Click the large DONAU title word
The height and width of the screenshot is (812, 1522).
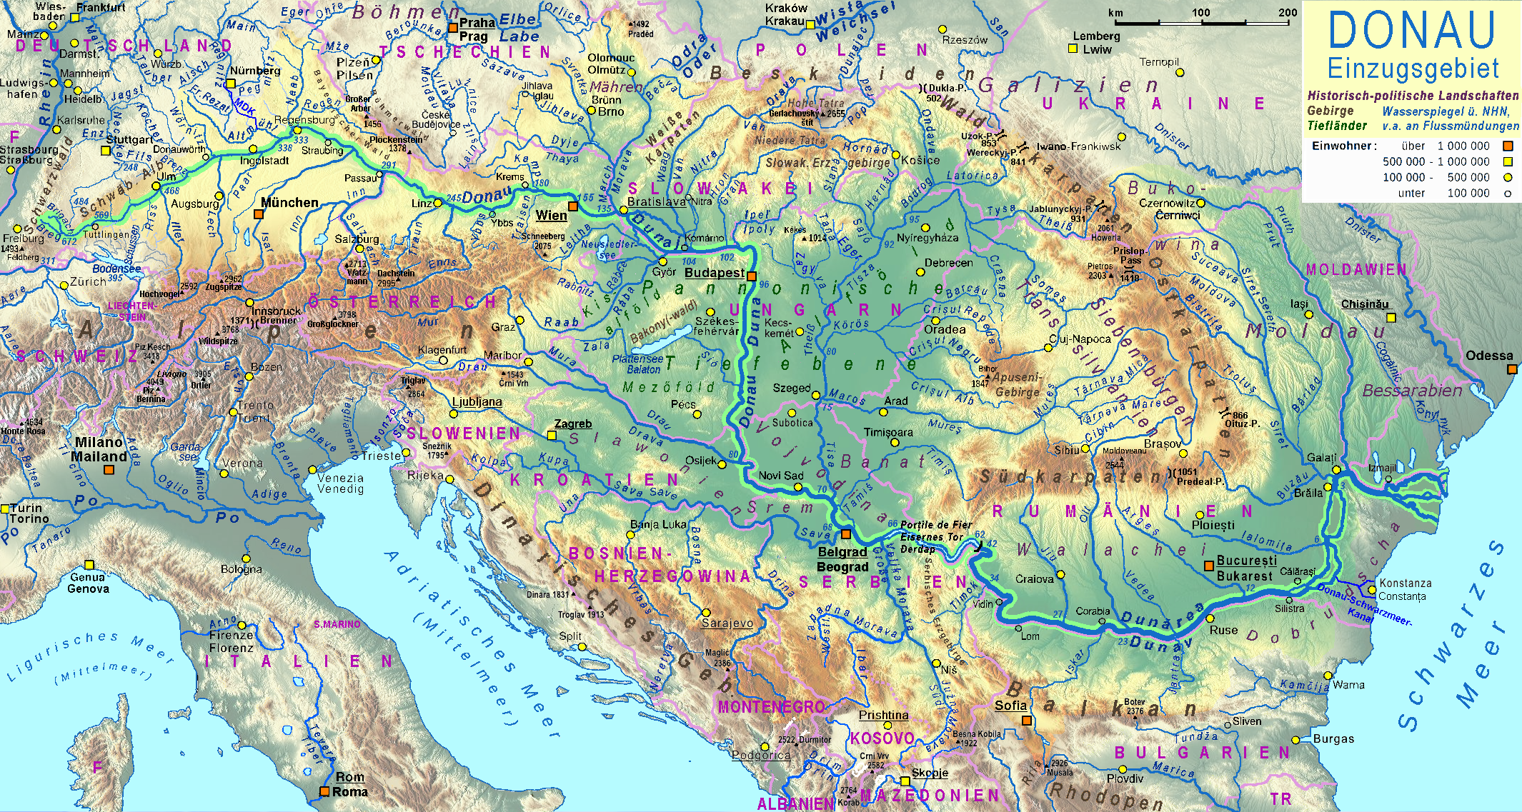click(x=1412, y=31)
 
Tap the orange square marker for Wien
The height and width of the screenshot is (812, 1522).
click(x=573, y=207)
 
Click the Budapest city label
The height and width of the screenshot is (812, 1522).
click(x=715, y=273)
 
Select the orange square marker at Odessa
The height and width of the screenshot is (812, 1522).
click(x=1512, y=369)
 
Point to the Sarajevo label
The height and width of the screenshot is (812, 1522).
click(x=727, y=623)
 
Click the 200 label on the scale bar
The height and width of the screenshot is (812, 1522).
click(x=1288, y=12)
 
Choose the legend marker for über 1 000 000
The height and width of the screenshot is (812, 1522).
click(x=1508, y=146)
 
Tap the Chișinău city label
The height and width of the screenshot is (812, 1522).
click(x=1365, y=304)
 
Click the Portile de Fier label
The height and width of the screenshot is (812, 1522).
click(x=936, y=525)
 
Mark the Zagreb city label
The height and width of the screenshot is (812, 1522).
click(x=573, y=424)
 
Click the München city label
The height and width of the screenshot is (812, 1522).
click(x=289, y=203)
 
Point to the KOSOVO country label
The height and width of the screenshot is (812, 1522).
click(x=882, y=738)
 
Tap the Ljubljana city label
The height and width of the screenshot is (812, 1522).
click(x=477, y=402)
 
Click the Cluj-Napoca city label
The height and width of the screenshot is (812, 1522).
click(x=1080, y=339)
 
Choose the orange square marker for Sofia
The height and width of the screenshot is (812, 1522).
click(x=1027, y=721)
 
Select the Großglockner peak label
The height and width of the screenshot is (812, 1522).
click(x=332, y=324)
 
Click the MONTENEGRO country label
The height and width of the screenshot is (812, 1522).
click(x=772, y=707)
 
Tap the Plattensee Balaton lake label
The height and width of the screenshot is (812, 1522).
click(x=638, y=364)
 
